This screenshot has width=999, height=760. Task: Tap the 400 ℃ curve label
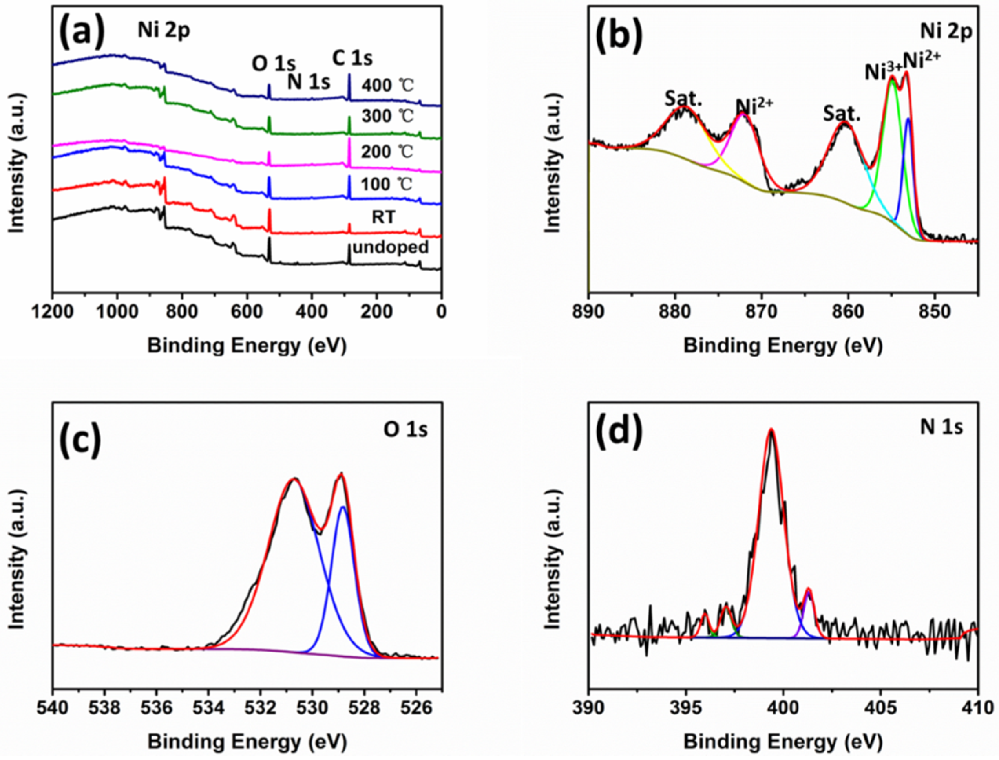387,85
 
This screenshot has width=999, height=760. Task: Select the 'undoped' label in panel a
391,247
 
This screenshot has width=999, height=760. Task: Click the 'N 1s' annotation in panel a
309,82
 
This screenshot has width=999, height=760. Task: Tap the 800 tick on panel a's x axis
182,312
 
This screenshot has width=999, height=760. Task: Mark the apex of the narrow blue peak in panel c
343,507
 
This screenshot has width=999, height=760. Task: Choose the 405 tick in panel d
881,707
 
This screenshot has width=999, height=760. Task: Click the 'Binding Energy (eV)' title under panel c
247,742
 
